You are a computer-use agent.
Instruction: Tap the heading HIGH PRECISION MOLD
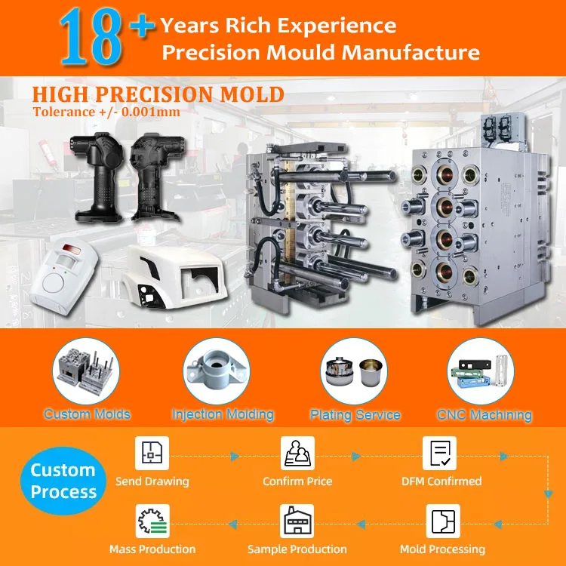(x=158, y=95)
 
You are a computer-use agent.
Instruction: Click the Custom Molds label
(x=87, y=414)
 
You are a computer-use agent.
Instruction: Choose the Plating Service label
(x=355, y=415)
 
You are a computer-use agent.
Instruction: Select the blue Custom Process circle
(x=63, y=481)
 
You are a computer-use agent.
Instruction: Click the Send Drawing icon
(x=152, y=454)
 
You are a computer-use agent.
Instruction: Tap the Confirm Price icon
(x=297, y=454)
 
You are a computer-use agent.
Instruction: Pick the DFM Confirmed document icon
(x=441, y=454)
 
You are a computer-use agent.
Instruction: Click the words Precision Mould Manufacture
(x=321, y=52)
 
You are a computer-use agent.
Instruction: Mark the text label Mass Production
(x=152, y=549)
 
